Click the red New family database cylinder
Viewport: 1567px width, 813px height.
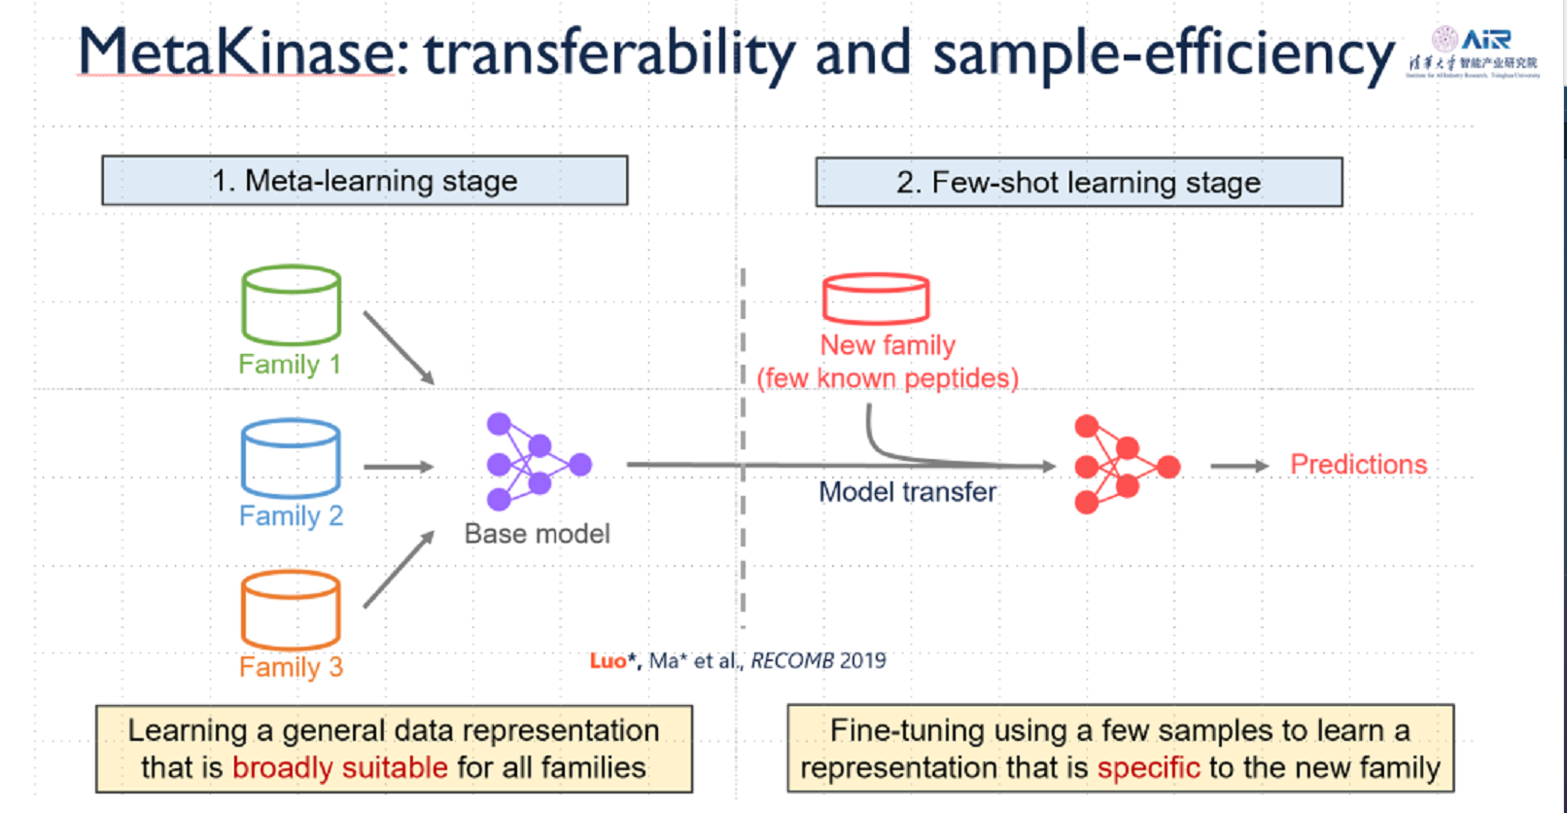coord(876,298)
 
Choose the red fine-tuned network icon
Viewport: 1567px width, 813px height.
coord(1126,465)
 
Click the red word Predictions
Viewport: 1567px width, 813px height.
coord(1358,465)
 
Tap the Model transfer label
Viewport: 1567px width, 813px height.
coord(907,492)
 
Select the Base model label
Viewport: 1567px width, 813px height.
coord(537,534)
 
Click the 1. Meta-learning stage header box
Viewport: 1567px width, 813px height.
coord(365,181)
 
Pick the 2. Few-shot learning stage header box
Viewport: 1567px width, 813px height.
coord(1078,183)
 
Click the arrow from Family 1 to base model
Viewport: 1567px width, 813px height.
coord(399,347)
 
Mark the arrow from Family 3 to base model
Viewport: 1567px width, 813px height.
coord(399,570)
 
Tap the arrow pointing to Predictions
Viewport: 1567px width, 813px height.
coord(1239,467)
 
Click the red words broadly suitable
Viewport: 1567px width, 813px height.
coord(340,768)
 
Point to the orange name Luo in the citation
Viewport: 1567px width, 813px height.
coord(608,661)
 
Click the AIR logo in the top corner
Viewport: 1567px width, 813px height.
coord(1474,52)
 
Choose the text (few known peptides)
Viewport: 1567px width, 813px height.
coord(888,378)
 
